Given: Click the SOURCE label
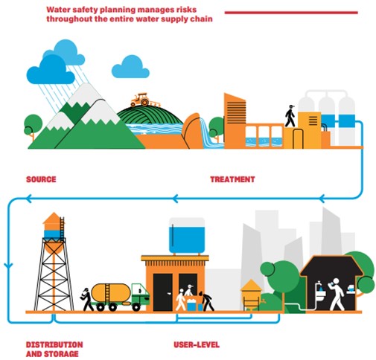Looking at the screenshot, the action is coord(41,179).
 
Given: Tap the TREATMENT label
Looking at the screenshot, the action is coord(232,179).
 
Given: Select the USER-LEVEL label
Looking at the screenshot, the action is coord(197,344).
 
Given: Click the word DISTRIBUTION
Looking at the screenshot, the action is coord(54,344).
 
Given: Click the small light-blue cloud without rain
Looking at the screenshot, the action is coord(130,67).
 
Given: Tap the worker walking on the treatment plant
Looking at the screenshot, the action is coord(290,116).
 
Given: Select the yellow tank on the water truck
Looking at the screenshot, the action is coord(111,293).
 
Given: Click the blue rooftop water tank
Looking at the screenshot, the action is coord(187,236).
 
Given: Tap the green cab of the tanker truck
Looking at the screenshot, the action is coord(140,295).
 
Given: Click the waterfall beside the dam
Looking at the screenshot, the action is coord(208,135).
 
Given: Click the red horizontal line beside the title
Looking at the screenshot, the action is coord(291,13).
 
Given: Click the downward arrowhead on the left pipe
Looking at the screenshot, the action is coord(8,266).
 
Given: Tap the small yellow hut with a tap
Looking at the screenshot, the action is coord(252,295).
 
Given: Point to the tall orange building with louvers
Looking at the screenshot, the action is coord(235,120).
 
